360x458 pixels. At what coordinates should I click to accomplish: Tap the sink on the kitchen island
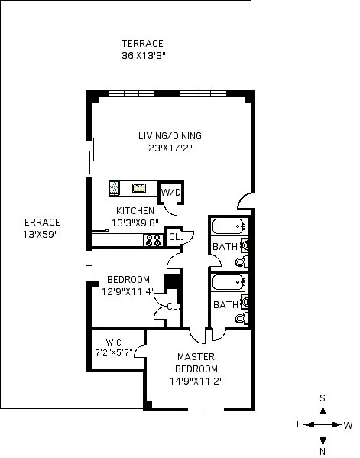[139, 187]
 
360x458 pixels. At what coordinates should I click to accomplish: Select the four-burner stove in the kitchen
[152, 239]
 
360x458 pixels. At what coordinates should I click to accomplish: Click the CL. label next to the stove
[174, 238]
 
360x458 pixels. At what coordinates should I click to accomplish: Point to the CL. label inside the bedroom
[173, 307]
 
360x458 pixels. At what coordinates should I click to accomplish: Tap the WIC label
[113, 342]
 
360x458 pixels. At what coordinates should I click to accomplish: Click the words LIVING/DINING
[165, 135]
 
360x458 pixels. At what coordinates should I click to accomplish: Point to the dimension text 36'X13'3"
[144, 56]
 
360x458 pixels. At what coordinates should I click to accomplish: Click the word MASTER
[196, 357]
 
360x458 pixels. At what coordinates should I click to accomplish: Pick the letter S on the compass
[323, 398]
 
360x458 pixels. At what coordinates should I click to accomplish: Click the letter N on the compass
[323, 450]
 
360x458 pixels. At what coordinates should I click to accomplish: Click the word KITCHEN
[135, 211]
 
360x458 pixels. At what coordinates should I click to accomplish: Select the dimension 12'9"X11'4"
[128, 291]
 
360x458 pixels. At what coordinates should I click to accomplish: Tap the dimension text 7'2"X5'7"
[114, 352]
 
